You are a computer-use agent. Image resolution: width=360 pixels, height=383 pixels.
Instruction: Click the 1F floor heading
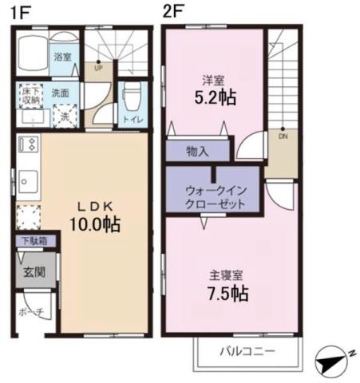tap(21, 13)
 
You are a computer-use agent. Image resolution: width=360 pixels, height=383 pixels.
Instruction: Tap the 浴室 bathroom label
tap(62, 57)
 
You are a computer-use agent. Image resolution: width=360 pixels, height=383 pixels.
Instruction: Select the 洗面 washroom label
tap(61, 93)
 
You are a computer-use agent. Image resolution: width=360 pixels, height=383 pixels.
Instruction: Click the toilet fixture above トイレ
tap(133, 99)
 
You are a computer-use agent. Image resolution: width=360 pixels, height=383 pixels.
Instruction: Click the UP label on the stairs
tap(98, 69)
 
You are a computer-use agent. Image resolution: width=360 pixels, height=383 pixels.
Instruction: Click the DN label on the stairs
tap(283, 136)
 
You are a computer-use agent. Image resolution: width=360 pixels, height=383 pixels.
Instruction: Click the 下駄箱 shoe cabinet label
tap(33, 240)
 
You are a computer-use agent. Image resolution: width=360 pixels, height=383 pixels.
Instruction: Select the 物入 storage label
tap(197, 151)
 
